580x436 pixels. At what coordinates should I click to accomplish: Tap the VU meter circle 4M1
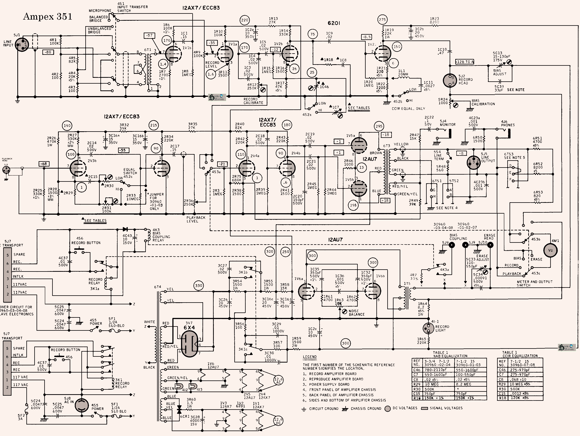(550, 250)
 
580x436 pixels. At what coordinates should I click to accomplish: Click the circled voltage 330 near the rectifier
(199, 286)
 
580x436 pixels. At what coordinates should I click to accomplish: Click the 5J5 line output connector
(474, 163)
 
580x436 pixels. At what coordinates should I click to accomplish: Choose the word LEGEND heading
(310, 357)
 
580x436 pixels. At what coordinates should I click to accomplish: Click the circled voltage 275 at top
(382, 20)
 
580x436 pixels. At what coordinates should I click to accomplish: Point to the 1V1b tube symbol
(173, 54)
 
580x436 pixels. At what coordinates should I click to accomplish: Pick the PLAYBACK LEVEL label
(196, 219)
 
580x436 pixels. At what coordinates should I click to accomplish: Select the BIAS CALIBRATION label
(483, 102)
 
